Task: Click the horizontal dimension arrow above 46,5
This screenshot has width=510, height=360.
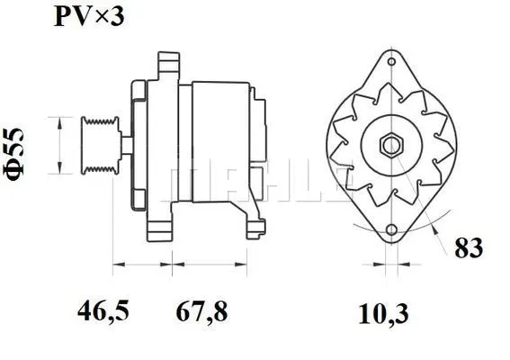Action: point(141,265)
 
